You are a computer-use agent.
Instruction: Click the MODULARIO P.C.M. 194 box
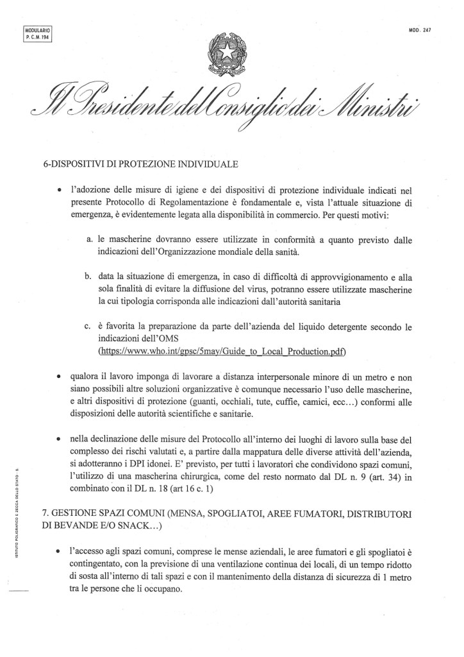37,33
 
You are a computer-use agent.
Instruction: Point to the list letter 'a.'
90,239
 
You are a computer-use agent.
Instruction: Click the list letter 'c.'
90,325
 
